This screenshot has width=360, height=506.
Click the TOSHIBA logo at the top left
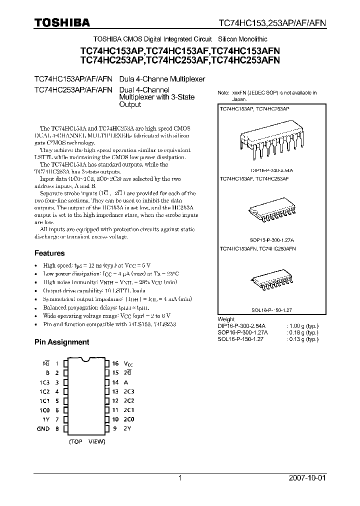tap(62, 22)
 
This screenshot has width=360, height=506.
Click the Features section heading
tap(49, 253)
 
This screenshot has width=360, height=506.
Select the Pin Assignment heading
tap(61, 342)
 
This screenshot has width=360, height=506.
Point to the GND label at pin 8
tap(43, 428)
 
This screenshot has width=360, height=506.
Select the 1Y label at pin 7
tap(45, 419)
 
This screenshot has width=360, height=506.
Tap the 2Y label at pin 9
tap(128, 428)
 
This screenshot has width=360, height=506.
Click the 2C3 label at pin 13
tap(129, 391)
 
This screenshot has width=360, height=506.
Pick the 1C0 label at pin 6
tap(44, 410)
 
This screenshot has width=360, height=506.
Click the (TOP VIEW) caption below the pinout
tap(86, 442)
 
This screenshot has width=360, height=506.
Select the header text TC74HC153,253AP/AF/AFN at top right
tap(271, 23)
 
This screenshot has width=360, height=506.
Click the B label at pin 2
tap(47, 373)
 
